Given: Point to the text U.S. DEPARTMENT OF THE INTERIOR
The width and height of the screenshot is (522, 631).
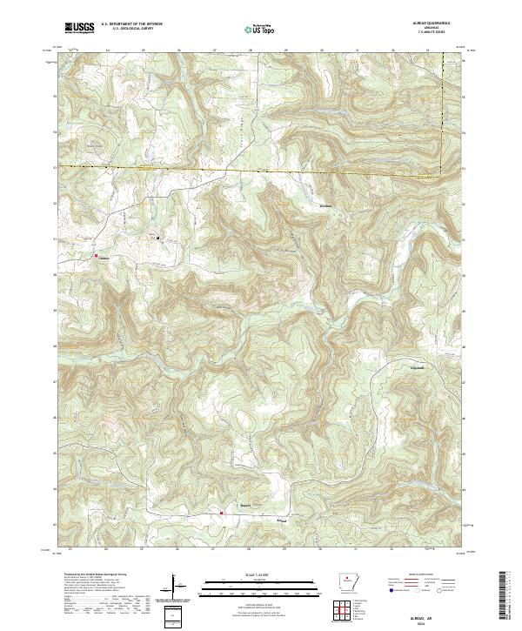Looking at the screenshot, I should pos(131,25).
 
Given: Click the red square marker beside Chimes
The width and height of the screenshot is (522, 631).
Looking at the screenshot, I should pos(96,255).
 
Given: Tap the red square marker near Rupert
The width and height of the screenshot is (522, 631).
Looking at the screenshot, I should pos(222,513).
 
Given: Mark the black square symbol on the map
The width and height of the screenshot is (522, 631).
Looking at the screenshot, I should pos(158,237).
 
